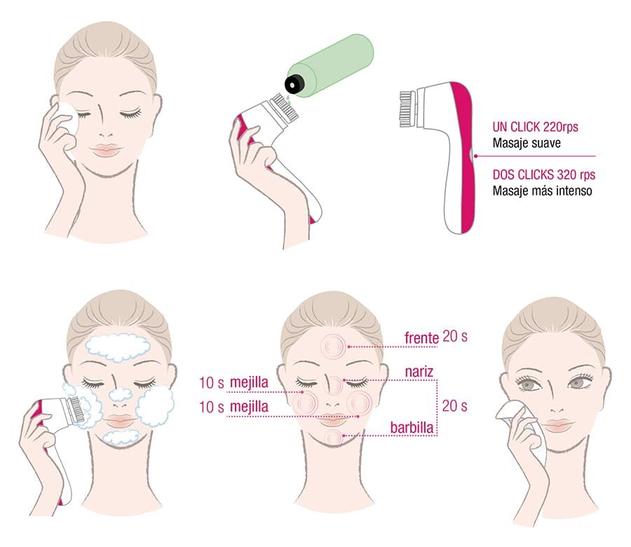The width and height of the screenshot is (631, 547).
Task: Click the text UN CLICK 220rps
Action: click(x=535, y=127)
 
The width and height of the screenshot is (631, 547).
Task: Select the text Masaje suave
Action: click(x=527, y=143)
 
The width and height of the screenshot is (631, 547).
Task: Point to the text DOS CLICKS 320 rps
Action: click(x=543, y=175)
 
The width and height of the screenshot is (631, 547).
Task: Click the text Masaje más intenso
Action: click(x=542, y=190)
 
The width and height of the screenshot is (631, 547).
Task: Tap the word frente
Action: click(x=421, y=338)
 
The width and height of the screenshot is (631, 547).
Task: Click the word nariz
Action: click(x=419, y=372)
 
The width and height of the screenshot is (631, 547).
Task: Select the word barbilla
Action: click(x=412, y=428)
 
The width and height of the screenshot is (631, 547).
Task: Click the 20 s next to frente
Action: click(x=455, y=336)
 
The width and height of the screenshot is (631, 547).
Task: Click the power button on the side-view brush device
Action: click(x=471, y=156)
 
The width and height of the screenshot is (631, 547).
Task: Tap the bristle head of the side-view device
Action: click(x=407, y=109)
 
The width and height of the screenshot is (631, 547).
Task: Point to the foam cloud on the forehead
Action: click(x=118, y=347)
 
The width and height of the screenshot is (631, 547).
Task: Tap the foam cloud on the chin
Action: click(x=120, y=437)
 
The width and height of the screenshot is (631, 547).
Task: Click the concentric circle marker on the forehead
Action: click(x=333, y=346)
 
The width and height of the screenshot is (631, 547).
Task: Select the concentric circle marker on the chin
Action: click(x=333, y=438)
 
